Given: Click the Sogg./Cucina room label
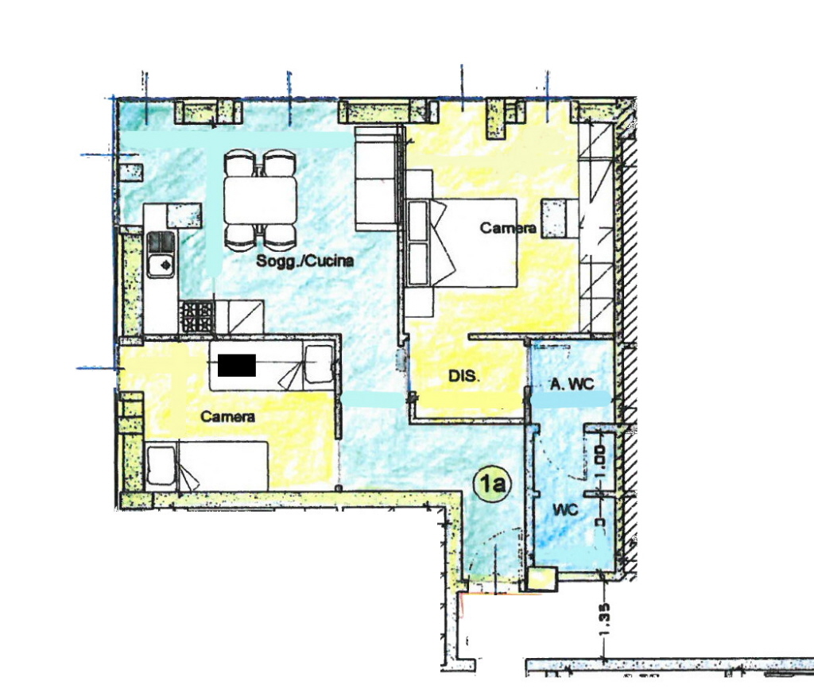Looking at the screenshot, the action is coord(304,261).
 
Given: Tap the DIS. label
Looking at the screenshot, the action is coord(464,376).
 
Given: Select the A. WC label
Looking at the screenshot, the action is coord(572,384).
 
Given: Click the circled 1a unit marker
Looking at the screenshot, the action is coord(493,484).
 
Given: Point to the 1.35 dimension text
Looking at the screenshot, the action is coord(604,618).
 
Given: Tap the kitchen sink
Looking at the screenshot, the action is coord(161,254).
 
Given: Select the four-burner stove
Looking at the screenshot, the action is coord(197,317).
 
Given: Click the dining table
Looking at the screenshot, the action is coord(261,199).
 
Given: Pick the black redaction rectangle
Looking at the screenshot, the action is coord(237,365).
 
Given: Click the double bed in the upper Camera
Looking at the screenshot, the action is coord(462,242).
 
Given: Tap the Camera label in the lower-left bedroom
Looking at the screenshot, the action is coord(227,416).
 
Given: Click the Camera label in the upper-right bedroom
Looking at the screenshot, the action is coord(508,227).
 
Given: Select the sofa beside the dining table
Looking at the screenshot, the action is coord(377,179).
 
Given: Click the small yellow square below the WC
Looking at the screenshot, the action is coord(541,579).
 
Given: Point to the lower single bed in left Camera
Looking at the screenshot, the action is coord(207,466).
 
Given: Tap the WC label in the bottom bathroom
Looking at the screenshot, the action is coord(565,509).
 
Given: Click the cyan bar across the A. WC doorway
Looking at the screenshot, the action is coord(571,399).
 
